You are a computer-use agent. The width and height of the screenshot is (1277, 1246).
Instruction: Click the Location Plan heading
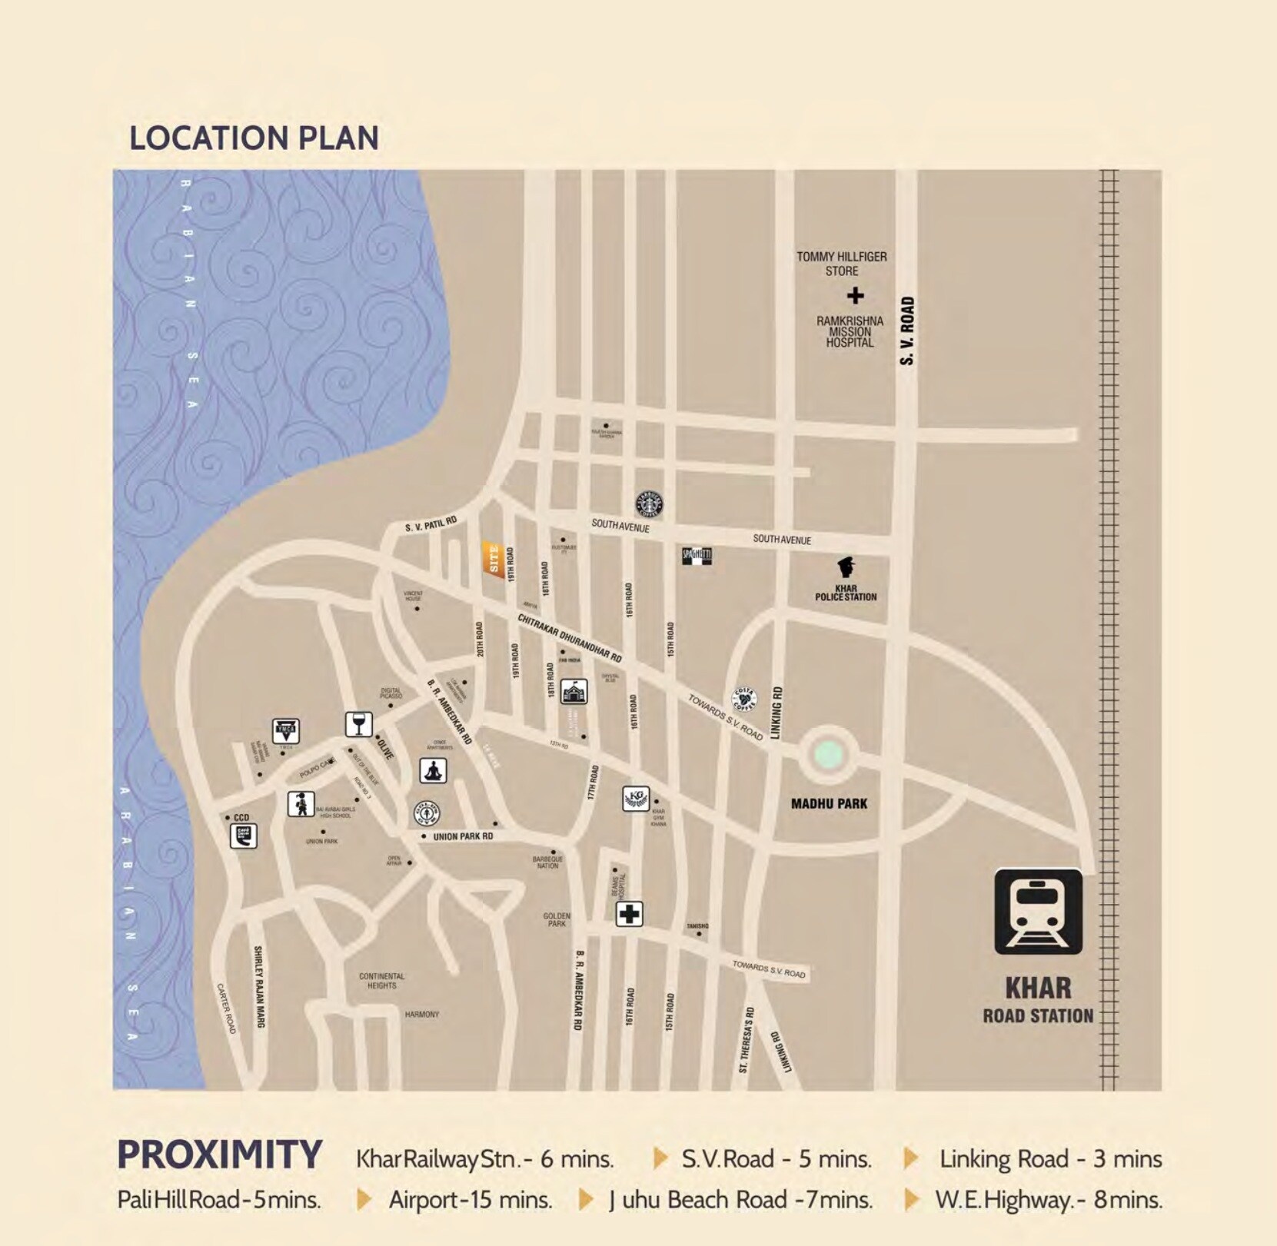pyautogui.click(x=254, y=138)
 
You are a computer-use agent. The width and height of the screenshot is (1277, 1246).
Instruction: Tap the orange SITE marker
pyautogui.click(x=494, y=559)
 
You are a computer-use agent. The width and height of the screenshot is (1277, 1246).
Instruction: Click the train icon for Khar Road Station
pyautogui.click(x=1038, y=912)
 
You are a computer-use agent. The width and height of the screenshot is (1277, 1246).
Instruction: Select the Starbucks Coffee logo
pyautogui.click(x=649, y=504)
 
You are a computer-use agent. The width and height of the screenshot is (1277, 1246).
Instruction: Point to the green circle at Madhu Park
pyautogui.click(x=827, y=755)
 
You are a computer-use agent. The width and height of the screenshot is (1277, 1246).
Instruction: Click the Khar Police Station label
pyautogui.click(x=846, y=593)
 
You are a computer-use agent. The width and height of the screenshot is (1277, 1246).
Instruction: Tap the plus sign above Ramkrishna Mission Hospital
pyautogui.click(x=855, y=295)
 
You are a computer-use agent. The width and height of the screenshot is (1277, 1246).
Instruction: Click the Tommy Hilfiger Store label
pyautogui.click(x=842, y=264)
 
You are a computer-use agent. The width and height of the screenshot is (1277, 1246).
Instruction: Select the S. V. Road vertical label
pyautogui.click(x=907, y=331)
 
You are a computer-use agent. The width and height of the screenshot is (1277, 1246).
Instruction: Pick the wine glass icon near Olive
pyautogui.click(x=358, y=724)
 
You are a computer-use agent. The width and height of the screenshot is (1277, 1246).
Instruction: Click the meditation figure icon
pyautogui.click(x=433, y=770)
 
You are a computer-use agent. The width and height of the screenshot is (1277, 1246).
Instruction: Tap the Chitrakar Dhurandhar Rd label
pyautogui.click(x=569, y=638)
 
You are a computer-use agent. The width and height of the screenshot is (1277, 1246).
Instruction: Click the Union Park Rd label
pyautogui.click(x=463, y=836)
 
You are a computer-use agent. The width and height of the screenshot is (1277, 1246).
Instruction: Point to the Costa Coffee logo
pyautogui.click(x=743, y=699)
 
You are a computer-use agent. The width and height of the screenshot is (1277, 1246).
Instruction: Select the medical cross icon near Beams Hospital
pyautogui.click(x=629, y=914)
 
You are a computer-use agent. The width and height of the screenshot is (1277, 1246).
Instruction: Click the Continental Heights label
pyautogui.click(x=381, y=981)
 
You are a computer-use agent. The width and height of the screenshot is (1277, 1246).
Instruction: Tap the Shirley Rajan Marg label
pyautogui.click(x=259, y=986)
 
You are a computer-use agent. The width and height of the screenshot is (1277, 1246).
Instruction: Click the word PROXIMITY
pyautogui.click(x=219, y=1155)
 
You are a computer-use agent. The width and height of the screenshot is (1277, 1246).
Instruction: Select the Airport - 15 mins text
pyautogui.click(x=471, y=1199)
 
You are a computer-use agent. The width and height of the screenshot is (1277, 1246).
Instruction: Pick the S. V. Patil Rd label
pyautogui.click(x=431, y=524)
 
